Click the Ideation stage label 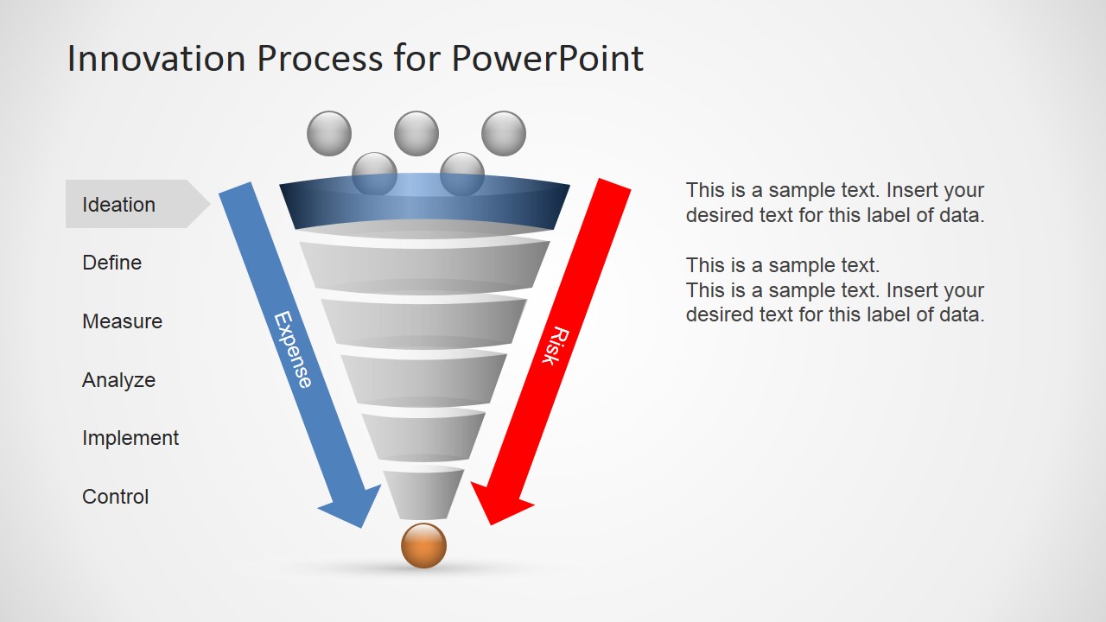pos(118,205)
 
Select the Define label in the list pos(112,263)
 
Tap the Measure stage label pos(123,321)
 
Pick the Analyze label pos(118,380)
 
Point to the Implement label pos(130,438)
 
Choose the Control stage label pos(116,497)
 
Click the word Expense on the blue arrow pos(293,350)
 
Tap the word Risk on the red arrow pos(556,345)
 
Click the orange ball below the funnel pos(423,546)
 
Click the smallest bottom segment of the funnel pos(423,493)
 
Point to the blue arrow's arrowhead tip pos(362,528)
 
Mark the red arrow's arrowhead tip pos(490,524)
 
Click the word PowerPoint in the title pos(547,59)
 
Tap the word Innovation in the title pos(156,59)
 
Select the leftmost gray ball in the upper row pos(329,133)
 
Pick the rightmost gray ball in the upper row pos(504,133)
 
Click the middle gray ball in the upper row pos(416,133)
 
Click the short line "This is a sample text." pos(783,265)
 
